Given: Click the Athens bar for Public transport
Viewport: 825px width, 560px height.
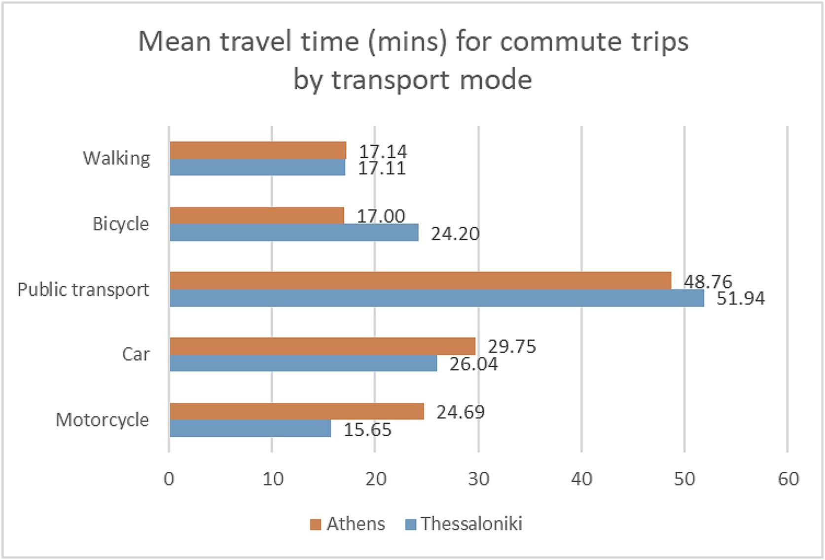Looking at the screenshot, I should [420, 280].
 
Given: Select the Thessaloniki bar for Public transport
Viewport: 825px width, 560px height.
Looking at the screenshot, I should [436, 298].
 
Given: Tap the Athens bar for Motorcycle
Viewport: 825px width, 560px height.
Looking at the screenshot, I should [296, 411].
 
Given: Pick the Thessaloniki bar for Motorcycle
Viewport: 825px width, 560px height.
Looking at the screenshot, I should [250, 428].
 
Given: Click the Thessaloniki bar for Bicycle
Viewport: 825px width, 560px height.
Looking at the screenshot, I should [294, 233].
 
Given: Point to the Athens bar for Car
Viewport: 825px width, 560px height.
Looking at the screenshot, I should [323, 346].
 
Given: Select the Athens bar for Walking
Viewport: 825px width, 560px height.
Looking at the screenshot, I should [257, 150].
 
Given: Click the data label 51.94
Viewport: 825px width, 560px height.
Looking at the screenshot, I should [740, 299].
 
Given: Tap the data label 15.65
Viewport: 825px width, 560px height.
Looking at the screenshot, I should [367, 430].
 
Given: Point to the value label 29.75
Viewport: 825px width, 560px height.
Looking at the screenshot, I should [511, 347].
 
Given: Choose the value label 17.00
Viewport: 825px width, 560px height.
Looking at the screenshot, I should [381, 216].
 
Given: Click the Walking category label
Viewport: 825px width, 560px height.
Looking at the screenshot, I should [116, 158].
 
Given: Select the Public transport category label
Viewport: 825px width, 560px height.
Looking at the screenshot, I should [83, 289].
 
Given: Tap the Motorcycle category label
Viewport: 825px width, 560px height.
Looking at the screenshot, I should [102, 420].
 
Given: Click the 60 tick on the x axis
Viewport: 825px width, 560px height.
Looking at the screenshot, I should [788, 479].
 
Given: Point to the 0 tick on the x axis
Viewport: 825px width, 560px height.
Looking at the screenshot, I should [169, 479].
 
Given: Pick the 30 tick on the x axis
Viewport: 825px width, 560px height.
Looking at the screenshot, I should [478, 479].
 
